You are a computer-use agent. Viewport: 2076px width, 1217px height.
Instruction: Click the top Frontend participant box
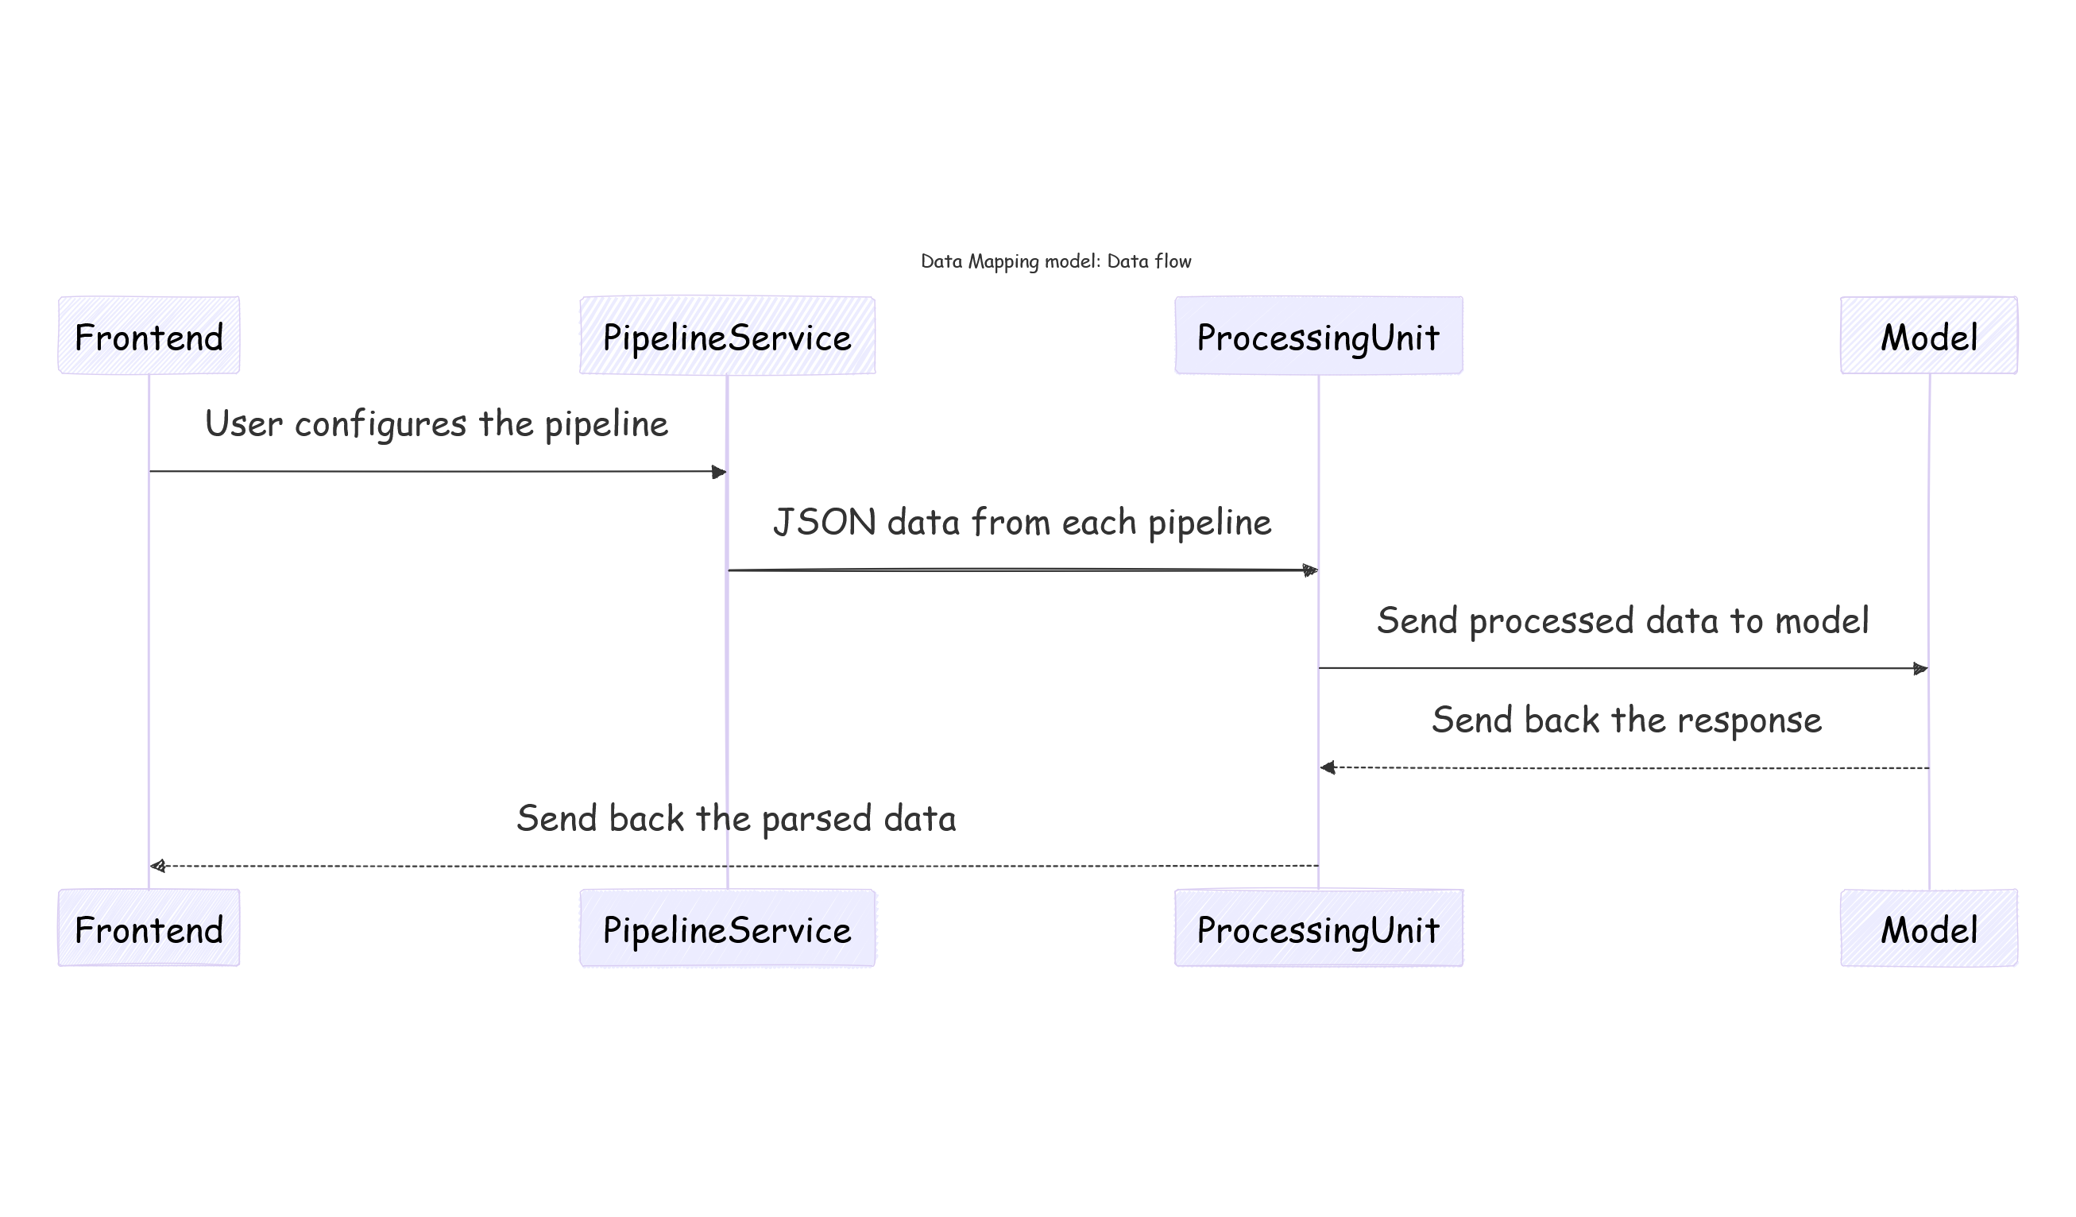point(149,335)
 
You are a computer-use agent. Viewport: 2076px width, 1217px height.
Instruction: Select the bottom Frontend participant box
point(149,928)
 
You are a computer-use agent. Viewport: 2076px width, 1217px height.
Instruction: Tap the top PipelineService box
point(727,335)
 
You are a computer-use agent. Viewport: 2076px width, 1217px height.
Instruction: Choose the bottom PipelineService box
point(727,928)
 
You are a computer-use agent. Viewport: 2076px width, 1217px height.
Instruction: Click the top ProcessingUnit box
point(1318,335)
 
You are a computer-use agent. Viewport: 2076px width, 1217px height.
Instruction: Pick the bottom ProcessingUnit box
point(1318,928)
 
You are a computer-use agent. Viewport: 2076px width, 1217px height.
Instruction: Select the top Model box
point(1928,335)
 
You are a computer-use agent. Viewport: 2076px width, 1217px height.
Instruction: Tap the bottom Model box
point(1928,928)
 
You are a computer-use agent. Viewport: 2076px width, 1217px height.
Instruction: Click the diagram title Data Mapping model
point(1055,261)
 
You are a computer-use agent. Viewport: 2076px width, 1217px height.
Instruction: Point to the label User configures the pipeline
point(436,424)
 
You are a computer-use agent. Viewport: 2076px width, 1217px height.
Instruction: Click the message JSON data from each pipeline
point(1022,523)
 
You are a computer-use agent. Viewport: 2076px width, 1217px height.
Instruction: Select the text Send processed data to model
point(1622,620)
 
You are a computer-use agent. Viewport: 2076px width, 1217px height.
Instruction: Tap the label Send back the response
point(1626,720)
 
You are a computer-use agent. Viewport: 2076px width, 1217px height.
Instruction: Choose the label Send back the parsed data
point(736,818)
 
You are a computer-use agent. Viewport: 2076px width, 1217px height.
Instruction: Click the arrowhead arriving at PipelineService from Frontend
point(719,472)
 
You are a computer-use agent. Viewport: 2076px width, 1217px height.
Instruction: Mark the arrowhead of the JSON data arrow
point(1310,570)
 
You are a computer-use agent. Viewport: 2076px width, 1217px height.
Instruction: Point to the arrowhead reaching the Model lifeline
point(1920,668)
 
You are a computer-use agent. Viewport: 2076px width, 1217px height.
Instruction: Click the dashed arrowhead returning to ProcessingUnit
point(1328,768)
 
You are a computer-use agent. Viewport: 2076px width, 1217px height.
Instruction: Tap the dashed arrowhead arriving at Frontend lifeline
point(158,866)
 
